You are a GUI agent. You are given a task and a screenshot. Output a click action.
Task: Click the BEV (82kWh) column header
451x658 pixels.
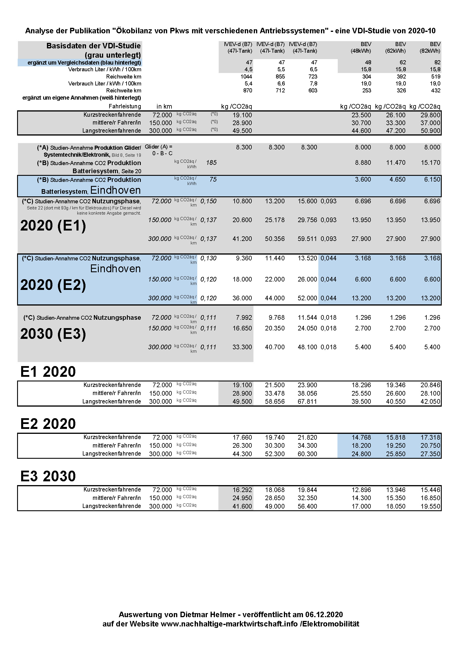[430, 47]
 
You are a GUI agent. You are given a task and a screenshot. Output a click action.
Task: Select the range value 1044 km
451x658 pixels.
[246, 77]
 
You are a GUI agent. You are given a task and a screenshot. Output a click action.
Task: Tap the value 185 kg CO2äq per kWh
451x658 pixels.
[211, 163]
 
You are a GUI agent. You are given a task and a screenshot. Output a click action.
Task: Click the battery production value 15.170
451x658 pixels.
[430, 163]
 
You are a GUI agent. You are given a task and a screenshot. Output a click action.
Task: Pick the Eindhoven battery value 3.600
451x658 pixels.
[363, 180]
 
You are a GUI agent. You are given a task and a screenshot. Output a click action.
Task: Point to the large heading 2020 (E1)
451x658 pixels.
[53, 226]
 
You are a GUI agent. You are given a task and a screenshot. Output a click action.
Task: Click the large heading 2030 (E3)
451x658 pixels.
[53, 334]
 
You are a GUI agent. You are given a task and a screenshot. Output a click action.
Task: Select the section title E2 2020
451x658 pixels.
[48, 424]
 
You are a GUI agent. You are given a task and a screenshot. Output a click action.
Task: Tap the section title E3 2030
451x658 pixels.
[48, 476]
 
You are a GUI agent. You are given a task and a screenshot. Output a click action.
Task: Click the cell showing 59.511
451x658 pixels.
[307, 239]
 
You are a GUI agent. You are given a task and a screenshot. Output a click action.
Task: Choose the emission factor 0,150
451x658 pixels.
[208, 201]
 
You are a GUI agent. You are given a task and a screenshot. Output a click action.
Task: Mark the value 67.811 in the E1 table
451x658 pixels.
[307, 402]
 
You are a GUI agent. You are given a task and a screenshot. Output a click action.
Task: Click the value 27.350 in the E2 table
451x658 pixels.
[430, 454]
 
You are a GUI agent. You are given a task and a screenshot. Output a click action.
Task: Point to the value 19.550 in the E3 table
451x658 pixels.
[430, 506]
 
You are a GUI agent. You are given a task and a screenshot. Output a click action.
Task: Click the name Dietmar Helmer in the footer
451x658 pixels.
[208, 615]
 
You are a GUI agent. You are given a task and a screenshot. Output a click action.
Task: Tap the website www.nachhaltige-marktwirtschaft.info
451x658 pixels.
[229, 624]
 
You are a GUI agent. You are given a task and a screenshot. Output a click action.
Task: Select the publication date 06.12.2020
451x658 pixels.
[324, 615]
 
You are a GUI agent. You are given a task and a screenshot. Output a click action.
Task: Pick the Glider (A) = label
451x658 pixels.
[158, 147]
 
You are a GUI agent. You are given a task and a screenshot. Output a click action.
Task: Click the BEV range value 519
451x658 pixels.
[436, 77]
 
